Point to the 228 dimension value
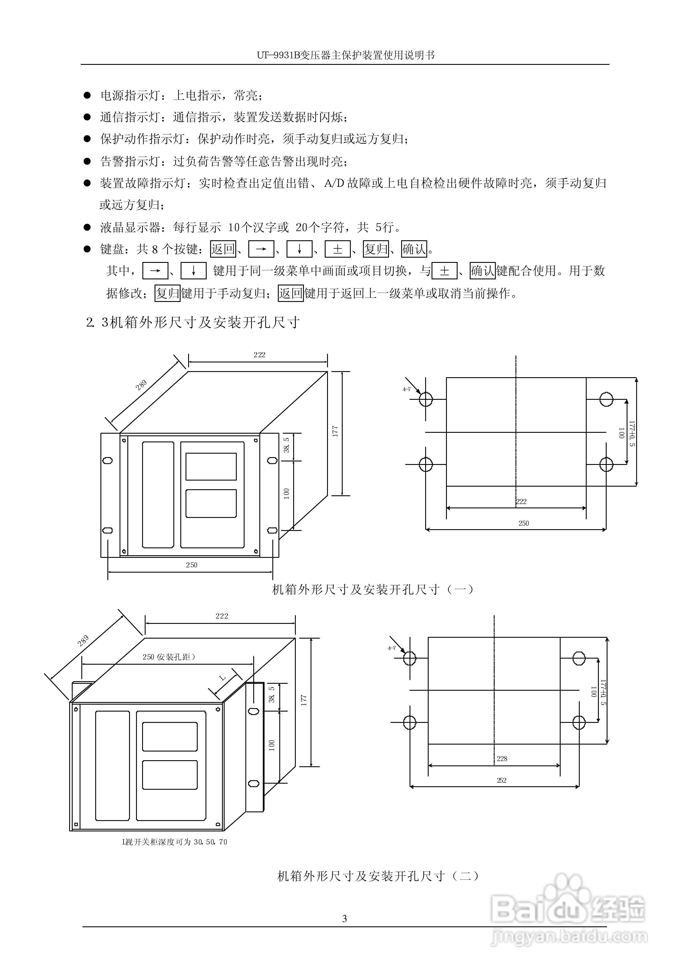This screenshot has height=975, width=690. (x=502, y=758)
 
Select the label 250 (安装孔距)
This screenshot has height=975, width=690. (x=169, y=657)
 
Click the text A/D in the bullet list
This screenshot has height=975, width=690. (x=333, y=183)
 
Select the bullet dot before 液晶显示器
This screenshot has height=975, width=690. (x=87, y=227)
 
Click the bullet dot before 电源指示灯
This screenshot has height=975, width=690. (x=87, y=95)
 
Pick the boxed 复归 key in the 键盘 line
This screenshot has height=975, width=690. (x=376, y=249)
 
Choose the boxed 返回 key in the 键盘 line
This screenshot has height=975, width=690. (x=223, y=249)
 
